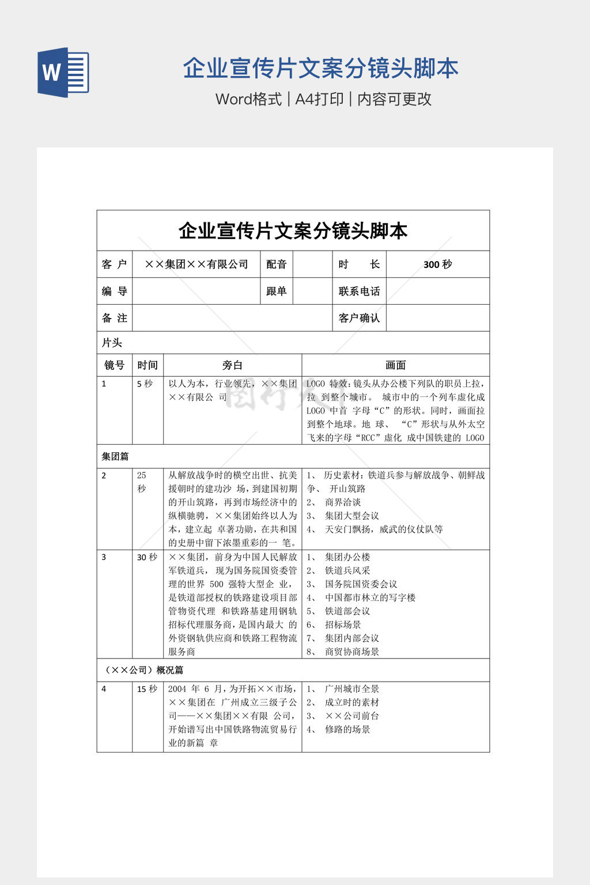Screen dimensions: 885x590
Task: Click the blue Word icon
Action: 63,73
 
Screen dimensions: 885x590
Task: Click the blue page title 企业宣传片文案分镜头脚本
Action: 320,69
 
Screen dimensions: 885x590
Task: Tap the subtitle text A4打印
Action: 319,99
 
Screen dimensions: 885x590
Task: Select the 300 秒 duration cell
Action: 437,264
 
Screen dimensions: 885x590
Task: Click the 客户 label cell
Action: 114,264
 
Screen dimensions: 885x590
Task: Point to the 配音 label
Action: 277,264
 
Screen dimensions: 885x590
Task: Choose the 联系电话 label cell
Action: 359,292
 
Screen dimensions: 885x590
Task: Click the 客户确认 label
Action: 359,318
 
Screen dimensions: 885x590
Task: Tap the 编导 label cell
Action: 114,292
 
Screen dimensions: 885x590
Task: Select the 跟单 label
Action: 277,292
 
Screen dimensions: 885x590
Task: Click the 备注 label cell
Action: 114,318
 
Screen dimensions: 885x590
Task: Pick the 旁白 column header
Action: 232,365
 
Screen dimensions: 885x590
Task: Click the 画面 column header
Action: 395,365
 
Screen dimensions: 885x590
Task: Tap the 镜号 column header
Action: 114,365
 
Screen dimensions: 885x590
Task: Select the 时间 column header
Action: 147,365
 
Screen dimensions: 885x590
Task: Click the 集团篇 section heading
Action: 115,457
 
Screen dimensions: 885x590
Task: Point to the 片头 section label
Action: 112,343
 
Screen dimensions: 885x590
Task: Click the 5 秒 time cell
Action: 145,384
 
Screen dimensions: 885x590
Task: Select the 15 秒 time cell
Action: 147,689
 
